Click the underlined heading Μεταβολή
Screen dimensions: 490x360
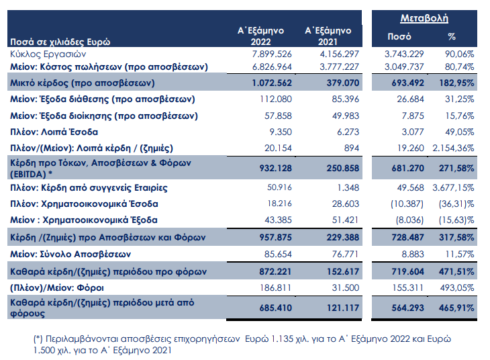(x=424, y=18)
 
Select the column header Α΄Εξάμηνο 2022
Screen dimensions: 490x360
(x=260, y=36)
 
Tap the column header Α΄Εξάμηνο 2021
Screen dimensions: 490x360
(x=328, y=36)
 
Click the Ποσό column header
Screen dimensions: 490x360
(x=399, y=36)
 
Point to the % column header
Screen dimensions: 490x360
(x=452, y=36)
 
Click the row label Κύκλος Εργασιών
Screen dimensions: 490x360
(x=48, y=54)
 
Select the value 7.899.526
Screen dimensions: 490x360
(x=272, y=54)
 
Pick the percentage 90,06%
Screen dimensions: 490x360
(x=459, y=54)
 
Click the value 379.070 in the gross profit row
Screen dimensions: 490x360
(x=343, y=83)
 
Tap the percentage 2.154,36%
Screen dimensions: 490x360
(x=453, y=148)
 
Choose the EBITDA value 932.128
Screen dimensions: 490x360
(x=275, y=169)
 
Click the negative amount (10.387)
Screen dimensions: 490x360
(x=407, y=204)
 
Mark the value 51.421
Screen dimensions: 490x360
(x=345, y=220)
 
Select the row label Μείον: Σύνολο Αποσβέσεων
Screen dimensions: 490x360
(x=70, y=255)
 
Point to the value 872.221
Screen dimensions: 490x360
(x=275, y=271)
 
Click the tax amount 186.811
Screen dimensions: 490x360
(x=276, y=287)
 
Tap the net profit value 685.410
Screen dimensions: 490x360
(x=275, y=308)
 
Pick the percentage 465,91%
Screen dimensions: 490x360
(x=456, y=308)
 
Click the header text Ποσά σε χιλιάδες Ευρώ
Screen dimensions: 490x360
(x=60, y=42)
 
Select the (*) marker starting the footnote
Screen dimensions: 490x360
(x=38, y=339)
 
